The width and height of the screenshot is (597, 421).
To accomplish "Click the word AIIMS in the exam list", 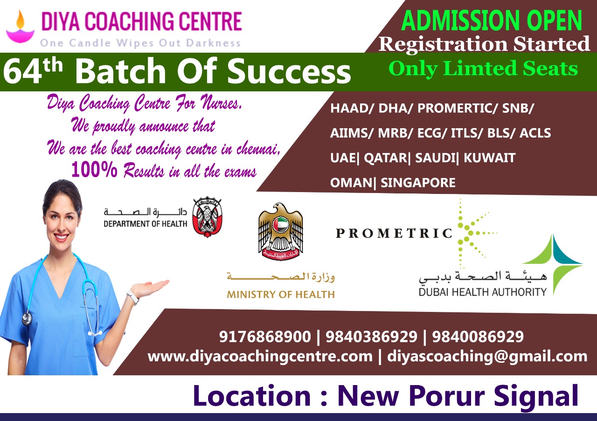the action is click(x=349, y=133).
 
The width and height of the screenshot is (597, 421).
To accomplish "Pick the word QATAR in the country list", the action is click(x=385, y=158).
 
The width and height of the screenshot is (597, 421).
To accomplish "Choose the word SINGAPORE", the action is click(x=418, y=182).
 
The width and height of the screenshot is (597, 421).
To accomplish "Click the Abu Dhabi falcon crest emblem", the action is click(x=207, y=217).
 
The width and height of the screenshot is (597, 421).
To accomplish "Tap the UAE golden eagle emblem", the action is click(x=281, y=231).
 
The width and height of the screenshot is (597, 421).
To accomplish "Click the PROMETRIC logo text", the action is click(x=394, y=234).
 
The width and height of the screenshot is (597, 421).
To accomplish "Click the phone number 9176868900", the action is click(x=265, y=336).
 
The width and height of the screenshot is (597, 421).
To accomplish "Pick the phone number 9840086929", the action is click(x=478, y=336).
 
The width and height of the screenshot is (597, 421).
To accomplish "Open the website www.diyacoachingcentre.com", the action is click(x=260, y=357).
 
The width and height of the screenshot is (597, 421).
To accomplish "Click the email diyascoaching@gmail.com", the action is click(x=487, y=357).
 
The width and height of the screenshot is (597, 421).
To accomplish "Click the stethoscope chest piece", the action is click(x=26, y=319).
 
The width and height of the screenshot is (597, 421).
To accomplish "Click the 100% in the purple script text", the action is click(x=94, y=170).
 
